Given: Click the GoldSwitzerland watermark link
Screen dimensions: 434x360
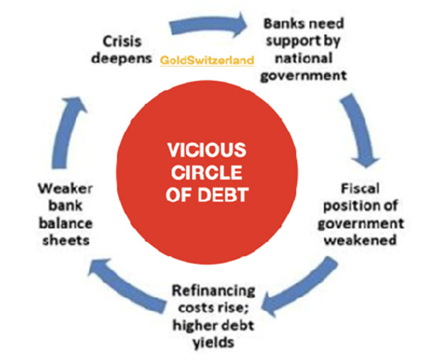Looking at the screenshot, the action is (x=207, y=61).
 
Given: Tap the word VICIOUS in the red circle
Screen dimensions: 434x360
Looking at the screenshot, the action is (x=207, y=150).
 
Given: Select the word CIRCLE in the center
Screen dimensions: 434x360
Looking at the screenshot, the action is (x=207, y=172).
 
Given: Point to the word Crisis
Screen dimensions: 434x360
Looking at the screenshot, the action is (x=122, y=42).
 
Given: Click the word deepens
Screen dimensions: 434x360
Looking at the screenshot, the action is (x=122, y=59).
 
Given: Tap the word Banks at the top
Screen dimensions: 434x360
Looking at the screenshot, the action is (x=285, y=24).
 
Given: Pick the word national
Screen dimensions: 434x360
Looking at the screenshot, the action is (x=303, y=58).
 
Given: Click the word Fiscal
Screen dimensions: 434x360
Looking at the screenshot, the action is (x=360, y=189).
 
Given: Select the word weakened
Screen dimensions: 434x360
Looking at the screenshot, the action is (x=360, y=240).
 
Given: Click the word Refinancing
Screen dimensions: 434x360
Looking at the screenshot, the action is (x=213, y=291).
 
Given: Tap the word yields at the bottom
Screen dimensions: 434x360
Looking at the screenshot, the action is (x=213, y=343).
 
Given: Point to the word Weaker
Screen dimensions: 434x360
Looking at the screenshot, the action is (x=65, y=189).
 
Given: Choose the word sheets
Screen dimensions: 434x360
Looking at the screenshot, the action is (x=66, y=240).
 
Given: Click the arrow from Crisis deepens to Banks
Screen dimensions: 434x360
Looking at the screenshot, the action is (x=208, y=25).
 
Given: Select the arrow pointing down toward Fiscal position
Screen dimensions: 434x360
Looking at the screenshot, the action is (x=358, y=130).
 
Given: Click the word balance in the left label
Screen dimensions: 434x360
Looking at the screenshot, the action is (x=65, y=223).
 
